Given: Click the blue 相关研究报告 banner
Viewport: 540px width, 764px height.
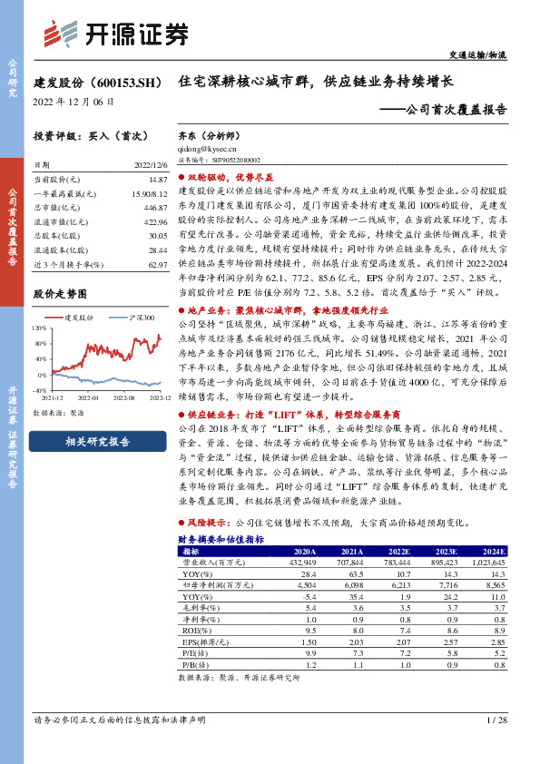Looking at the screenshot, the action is coord(98,442).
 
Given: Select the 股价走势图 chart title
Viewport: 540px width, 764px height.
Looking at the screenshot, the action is coord(60,294).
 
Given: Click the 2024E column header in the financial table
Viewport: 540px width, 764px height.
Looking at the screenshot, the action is coord(493,551).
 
